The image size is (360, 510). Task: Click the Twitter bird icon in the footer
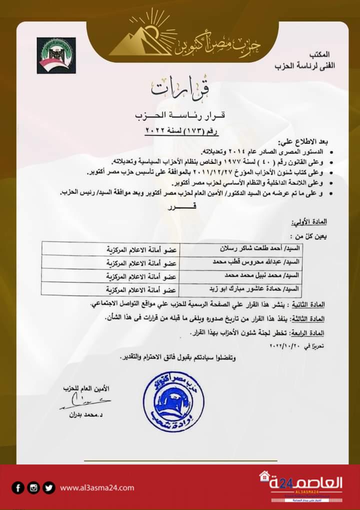[48, 487]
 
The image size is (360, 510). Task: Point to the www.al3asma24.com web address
[96, 487]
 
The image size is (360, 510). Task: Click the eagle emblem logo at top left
[56, 55]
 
